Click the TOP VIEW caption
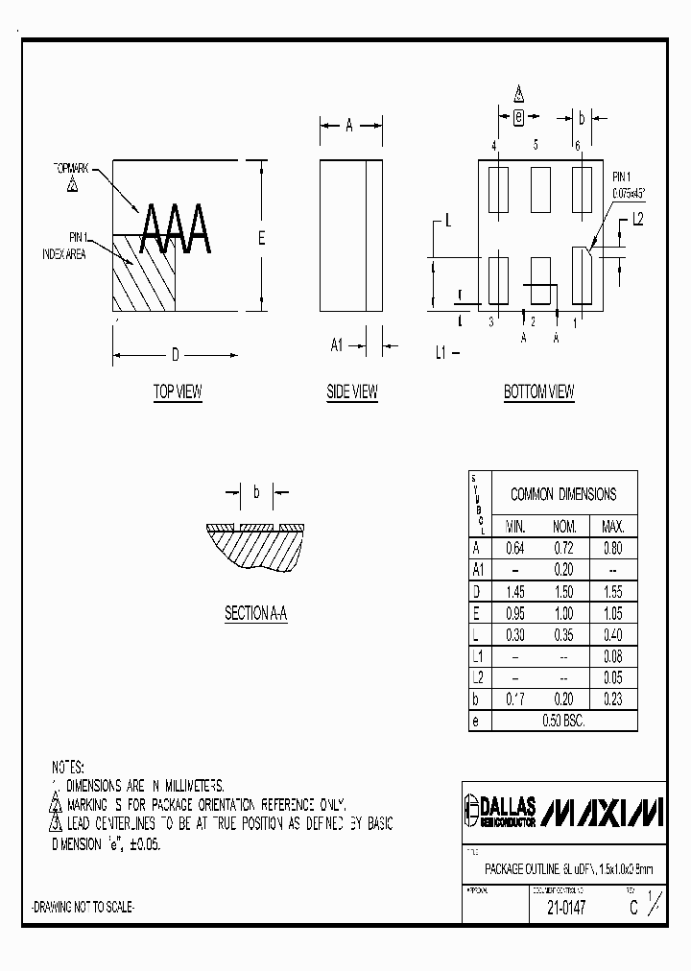178,391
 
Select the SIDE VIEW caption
352,391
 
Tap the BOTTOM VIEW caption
539,391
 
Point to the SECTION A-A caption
256,614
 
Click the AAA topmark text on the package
176,230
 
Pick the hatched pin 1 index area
145,273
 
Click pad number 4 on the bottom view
499,182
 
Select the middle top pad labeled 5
540,182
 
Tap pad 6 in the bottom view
582,182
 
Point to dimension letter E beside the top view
260,239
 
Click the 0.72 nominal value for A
563,549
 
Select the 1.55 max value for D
612,592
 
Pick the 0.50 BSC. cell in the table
563,721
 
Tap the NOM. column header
563,527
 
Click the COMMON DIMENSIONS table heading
563,494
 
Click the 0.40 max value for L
612,635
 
